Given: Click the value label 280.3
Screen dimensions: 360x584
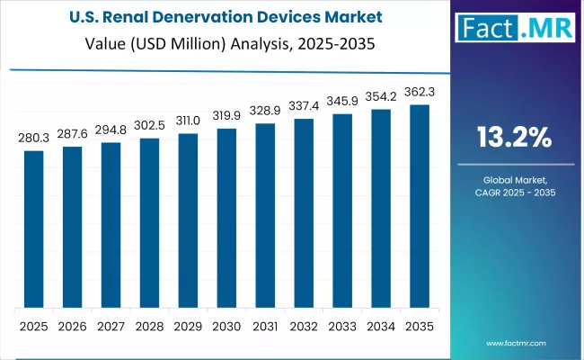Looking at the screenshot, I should coord(33,139).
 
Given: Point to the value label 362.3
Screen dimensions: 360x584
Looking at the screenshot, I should coord(420,92).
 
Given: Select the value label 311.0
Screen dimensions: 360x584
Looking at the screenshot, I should coord(188,121).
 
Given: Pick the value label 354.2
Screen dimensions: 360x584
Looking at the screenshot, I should coord(381,96).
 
